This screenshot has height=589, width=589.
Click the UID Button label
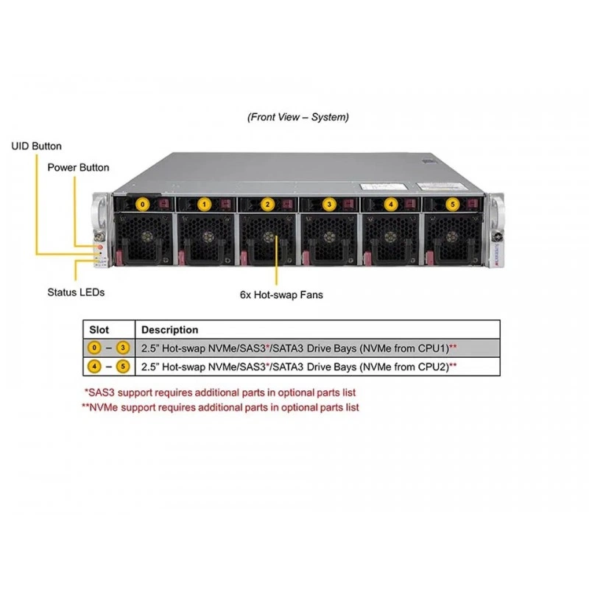click(x=36, y=146)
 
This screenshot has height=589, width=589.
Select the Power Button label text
click(x=78, y=168)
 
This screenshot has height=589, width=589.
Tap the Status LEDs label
click(x=76, y=292)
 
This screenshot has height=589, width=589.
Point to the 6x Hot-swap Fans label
click(x=281, y=295)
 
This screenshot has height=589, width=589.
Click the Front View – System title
click(x=298, y=117)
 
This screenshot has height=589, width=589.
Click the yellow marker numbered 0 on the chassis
click(x=142, y=205)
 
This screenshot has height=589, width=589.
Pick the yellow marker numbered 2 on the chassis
click(x=267, y=205)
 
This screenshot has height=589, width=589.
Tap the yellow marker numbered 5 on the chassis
click(x=453, y=205)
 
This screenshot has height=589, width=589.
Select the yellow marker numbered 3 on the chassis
click(x=329, y=205)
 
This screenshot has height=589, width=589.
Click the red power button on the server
click(x=100, y=247)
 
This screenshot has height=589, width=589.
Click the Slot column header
click(x=99, y=330)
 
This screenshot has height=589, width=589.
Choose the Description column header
click(x=170, y=330)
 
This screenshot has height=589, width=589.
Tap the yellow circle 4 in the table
click(x=94, y=366)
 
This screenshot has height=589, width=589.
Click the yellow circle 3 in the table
click(x=123, y=348)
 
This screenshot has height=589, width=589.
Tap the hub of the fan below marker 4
click(x=391, y=236)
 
